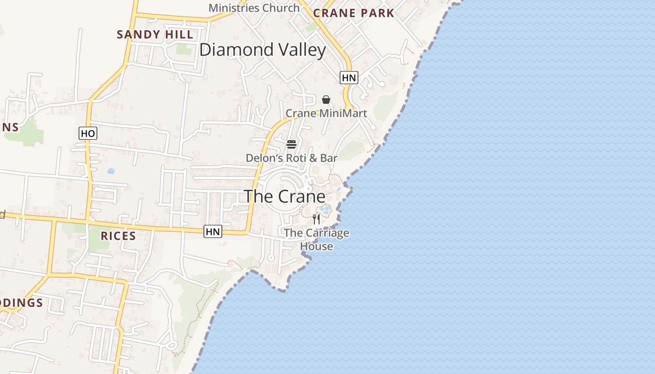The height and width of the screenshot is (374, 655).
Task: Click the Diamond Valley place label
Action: pos(262,50)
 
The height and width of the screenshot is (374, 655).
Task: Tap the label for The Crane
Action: pos(284,196)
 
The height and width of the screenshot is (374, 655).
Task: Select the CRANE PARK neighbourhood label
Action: pos(354,13)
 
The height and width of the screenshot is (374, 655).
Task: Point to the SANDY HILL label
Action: pos(155,35)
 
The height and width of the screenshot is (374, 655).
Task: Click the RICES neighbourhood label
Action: pos(118,236)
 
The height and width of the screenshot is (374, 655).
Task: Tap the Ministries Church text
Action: pos(254,8)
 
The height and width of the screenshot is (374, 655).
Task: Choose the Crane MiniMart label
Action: pos(326,113)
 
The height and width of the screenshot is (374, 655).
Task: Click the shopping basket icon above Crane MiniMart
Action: pos(326,100)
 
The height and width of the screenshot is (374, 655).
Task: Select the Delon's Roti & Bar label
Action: pos(291,158)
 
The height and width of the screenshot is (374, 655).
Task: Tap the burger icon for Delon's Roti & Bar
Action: pos(291,144)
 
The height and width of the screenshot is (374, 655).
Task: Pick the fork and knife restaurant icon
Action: pos(317,219)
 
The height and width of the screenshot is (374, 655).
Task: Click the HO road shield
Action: pos(87,134)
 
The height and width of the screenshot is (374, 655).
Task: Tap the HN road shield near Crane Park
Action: pos(349,78)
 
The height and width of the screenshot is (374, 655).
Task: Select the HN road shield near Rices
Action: pos(212,231)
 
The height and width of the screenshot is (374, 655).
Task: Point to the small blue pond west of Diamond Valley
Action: pos(111,171)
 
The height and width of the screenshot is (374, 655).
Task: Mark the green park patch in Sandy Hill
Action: pos(184,49)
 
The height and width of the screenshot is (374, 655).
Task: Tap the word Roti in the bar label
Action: pos(295,158)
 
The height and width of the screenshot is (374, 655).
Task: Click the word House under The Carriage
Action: pos(317,246)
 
